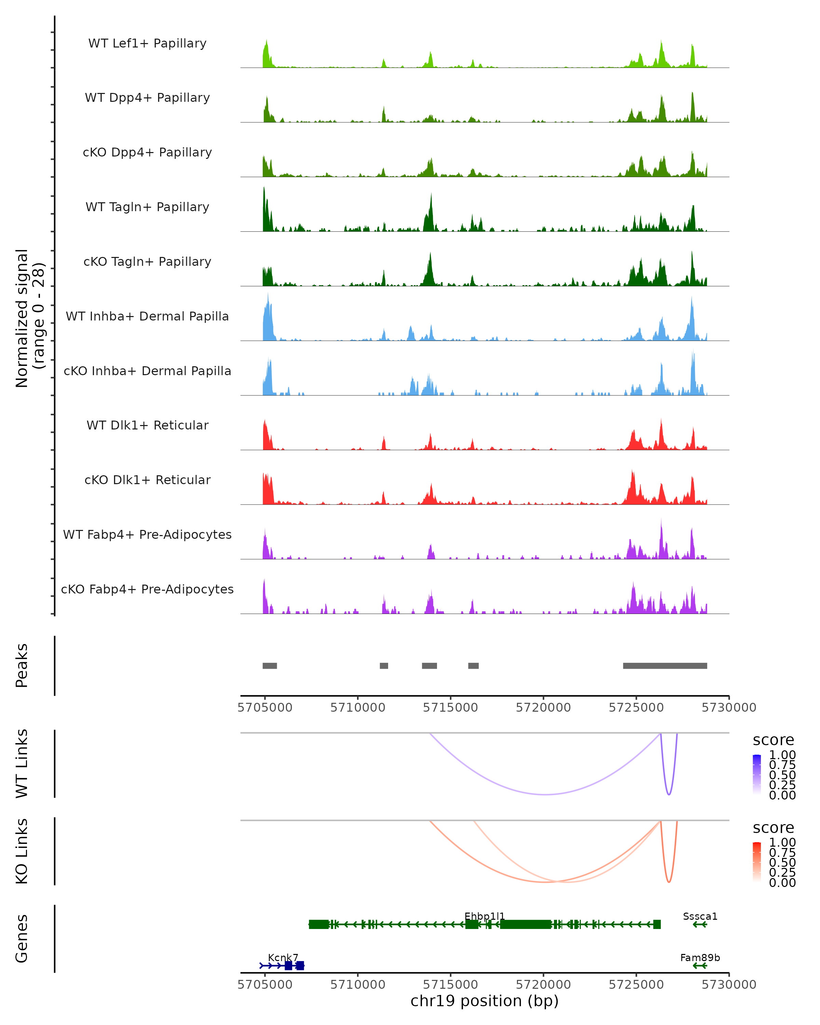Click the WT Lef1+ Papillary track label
pyautogui.click(x=147, y=43)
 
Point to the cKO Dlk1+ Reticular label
pyautogui.click(x=147, y=480)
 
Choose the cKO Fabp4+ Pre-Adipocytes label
pyautogui.click(x=147, y=589)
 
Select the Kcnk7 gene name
pyautogui.click(x=283, y=957)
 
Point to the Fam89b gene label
pyautogui.click(x=700, y=957)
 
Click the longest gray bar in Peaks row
pyautogui.click(x=665, y=666)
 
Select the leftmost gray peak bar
pyautogui.click(x=270, y=666)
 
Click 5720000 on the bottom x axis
pyautogui.click(x=543, y=984)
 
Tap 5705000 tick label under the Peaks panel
pyautogui.click(x=265, y=708)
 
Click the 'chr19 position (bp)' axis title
pyautogui.click(x=484, y=1001)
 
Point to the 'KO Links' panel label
pyautogui.click(x=22, y=851)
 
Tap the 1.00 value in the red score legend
pyautogui.click(x=782, y=843)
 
